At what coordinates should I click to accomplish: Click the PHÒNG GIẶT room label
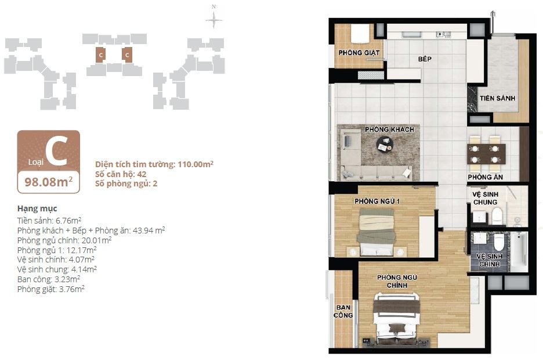[x=359, y=53]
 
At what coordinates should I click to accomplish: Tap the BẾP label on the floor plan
[x=425, y=59]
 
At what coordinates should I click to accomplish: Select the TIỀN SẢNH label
[x=497, y=98]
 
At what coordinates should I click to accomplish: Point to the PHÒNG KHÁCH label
[x=389, y=129]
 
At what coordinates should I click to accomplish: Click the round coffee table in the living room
[x=385, y=144]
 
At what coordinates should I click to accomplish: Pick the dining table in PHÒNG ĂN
[x=486, y=154]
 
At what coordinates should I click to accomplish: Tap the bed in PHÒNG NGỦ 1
[x=377, y=232]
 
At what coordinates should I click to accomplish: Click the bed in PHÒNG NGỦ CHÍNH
[x=396, y=318]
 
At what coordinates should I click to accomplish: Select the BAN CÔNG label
[x=343, y=311]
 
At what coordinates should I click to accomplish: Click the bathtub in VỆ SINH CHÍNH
[x=519, y=251]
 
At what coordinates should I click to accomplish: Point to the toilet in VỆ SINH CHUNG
[x=497, y=215]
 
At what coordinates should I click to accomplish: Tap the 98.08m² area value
[x=49, y=182]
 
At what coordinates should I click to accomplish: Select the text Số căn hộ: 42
[x=121, y=174]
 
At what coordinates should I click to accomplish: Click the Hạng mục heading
[x=37, y=208]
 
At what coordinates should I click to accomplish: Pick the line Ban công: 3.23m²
[x=49, y=279]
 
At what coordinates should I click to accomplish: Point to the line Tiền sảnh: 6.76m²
[x=49, y=221]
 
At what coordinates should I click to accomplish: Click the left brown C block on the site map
[x=101, y=55]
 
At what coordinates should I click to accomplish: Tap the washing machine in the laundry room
[x=360, y=34]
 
